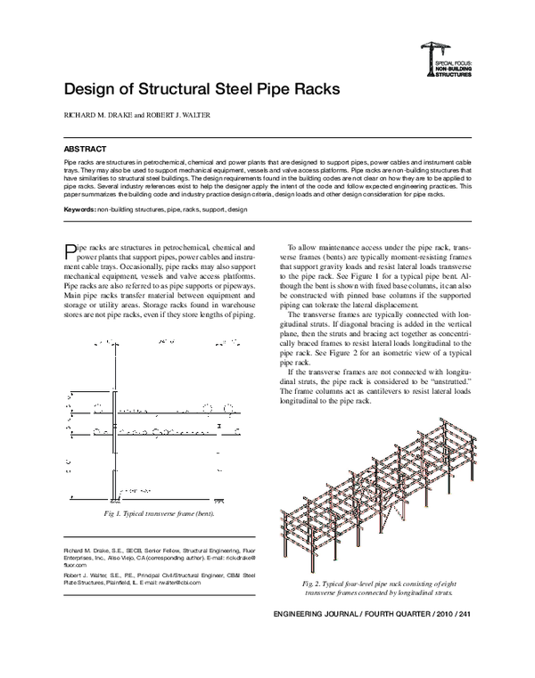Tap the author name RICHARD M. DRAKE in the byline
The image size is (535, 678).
95,116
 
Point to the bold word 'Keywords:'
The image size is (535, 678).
80,208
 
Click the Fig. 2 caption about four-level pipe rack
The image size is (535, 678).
379,587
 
